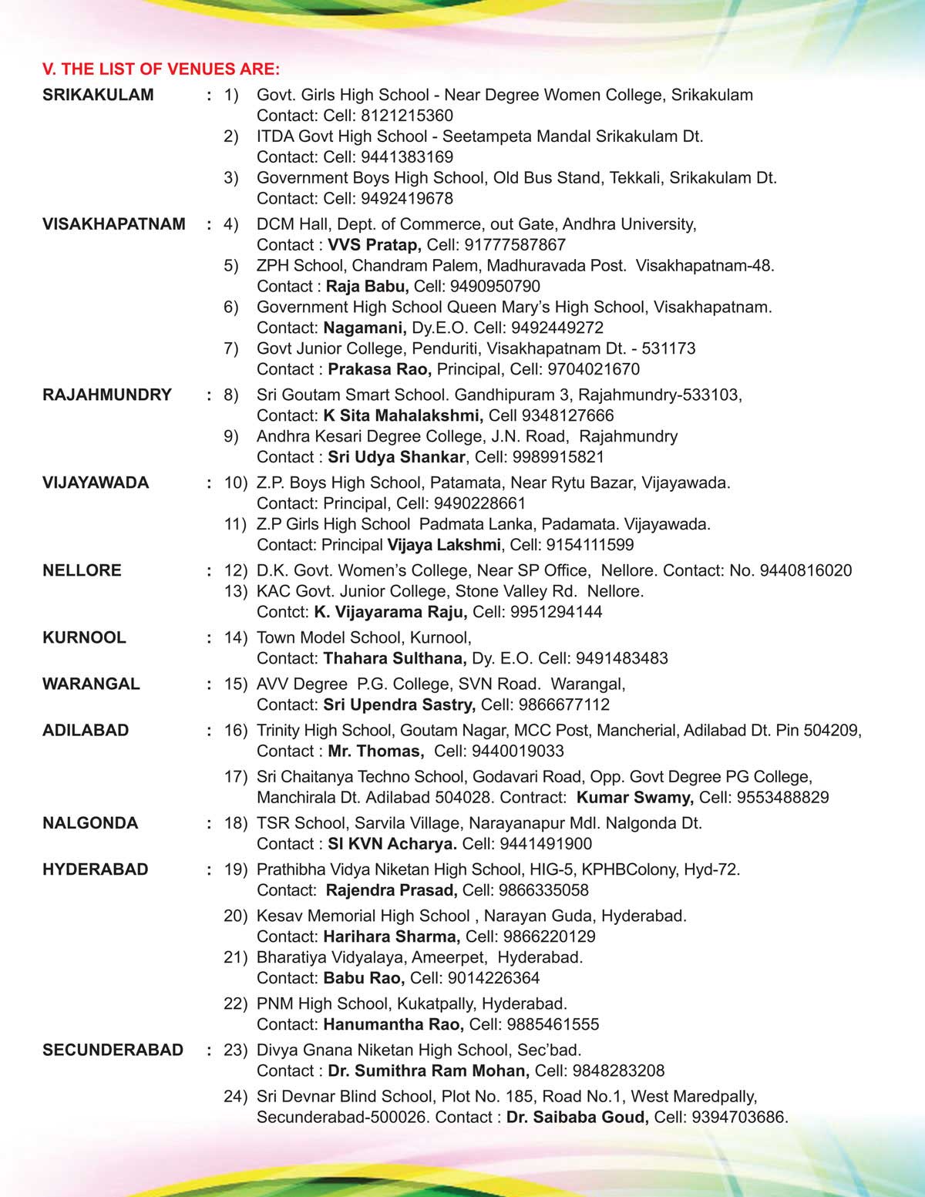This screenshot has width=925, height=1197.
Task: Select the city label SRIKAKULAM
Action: tap(98, 95)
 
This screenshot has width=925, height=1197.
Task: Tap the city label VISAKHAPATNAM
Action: tap(114, 224)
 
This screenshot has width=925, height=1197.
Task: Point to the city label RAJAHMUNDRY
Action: tap(107, 395)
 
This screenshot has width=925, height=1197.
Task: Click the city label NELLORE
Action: tap(82, 570)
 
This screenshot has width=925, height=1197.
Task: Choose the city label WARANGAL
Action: tap(91, 684)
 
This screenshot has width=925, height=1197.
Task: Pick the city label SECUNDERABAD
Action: tap(113, 1050)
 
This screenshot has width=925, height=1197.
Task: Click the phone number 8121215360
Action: tap(407, 116)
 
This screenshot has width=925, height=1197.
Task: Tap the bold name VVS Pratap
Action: tap(374, 245)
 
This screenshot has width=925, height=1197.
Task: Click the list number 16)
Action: tap(236, 730)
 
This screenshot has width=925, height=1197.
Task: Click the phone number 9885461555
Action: tap(553, 1024)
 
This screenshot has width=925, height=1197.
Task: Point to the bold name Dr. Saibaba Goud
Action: tap(577, 1117)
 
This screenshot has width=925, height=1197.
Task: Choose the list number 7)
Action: tap(231, 348)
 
